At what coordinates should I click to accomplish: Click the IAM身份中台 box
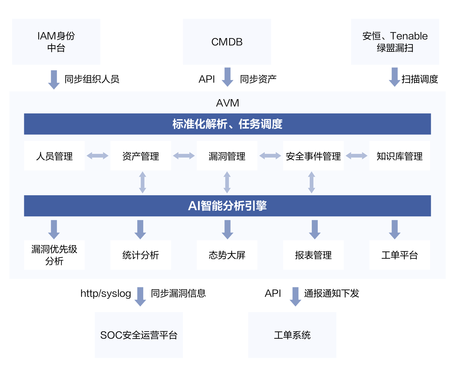click(x=56, y=42)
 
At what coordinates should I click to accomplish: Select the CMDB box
click(x=227, y=42)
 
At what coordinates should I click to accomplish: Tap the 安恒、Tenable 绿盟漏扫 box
click(x=395, y=42)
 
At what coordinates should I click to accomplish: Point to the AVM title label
click(x=227, y=103)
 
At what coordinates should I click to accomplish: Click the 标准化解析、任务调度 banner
click(x=227, y=124)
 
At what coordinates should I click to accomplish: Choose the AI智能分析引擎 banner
click(x=227, y=206)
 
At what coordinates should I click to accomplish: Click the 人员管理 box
click(x=54, y=156)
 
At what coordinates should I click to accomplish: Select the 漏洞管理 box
click(x=227, y=156)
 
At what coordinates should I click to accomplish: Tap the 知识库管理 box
click(x=400, y=156)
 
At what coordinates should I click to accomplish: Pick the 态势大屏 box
click(x=227, y=255)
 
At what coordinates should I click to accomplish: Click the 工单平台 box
click(x=400, y=255)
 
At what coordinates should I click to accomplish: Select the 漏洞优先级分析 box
click(x=54, y=255)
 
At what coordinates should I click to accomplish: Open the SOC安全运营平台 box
click(x=139, y=335)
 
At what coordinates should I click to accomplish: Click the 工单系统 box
click(x=292, y=335)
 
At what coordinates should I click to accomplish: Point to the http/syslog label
click(x=106, y=294)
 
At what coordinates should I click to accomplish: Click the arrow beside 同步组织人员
click(x=54, y=79)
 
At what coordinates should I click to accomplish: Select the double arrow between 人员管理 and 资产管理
click(x=98, y=156)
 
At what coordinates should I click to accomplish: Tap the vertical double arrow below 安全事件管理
click(x=312, y=182)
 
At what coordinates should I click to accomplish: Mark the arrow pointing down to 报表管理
click(x=314, y=229)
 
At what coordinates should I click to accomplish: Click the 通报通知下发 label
click(x=332, y=294)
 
